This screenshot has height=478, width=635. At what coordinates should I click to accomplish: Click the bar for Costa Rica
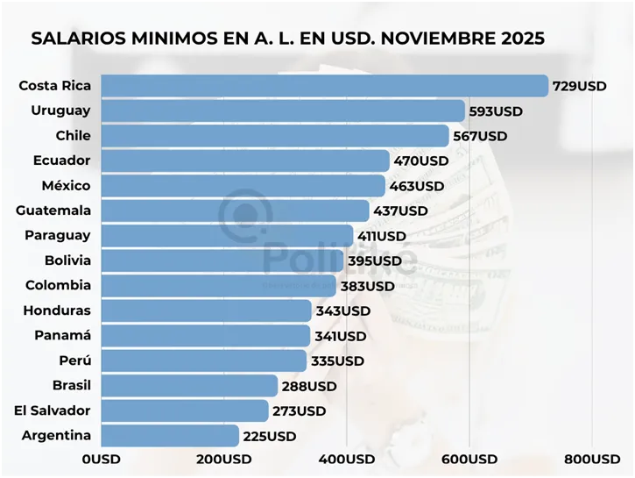pyautogui.click(x=324, y=85)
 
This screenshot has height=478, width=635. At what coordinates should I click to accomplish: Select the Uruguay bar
pyautogui.click(x=283, y=111)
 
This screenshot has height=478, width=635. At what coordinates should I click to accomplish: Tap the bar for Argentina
pyautogui.click(x=170, y=436)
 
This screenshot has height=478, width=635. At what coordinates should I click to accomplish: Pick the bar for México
pyautogui.click(x=243, y=186)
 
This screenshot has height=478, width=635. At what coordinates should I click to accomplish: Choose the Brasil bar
pyautogui.click(x=189, y=386)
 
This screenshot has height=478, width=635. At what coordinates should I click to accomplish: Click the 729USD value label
pyautogui.click(x=579, y=86)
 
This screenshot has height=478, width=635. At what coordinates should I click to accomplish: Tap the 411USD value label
pyautogui.click(x=382, y=236)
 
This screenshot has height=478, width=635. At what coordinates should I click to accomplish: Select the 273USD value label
pyautogui.click(x=298, y=410)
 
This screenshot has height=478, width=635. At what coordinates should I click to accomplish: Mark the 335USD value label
pyautogui.click(x=336, y=360)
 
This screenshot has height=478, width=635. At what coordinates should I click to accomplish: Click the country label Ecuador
pyautogui.click(x=61, y=161)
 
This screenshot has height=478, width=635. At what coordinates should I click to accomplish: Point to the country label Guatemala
pyautogui.click(x=53, y=210)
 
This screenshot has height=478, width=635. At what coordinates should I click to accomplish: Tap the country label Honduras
pyautogui.click(x=57, y=310)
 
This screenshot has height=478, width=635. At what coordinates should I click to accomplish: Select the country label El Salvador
pyautogui.click(x=53, y=410)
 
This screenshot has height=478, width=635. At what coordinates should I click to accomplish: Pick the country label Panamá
pyautogui.click(x=62, y=335)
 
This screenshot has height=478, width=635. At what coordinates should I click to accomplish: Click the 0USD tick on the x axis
pyautogui.click(x=102, y=460)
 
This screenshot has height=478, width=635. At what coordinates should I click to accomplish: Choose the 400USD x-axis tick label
pyautogui.click(x=347, y=460)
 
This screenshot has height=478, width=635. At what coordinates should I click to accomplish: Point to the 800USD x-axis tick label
pyautogui.click(x=592, y=460)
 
